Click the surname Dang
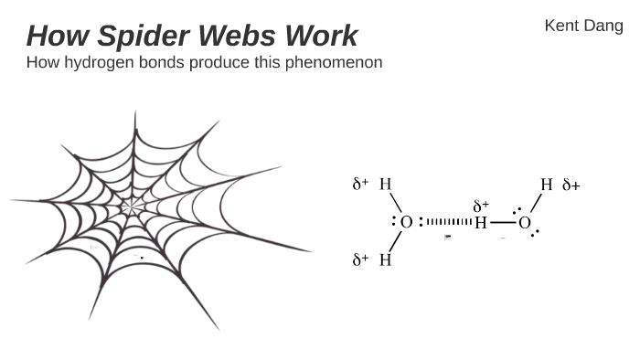pyautogui.click(x=603, y=26)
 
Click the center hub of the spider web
pyautogui.click(x=132, y=209)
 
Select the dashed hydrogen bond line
pyautogui.click(x=449, y=222)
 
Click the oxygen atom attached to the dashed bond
pyautogui.click(x=407, y=222)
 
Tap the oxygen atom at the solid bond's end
pyautogui.click(x=524, y=222)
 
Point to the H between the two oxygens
pyautogui.click(x=480, y=222)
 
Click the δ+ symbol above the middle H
pyautogui.click(x=481, y=206)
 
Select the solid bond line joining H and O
pyautogui.click(x=502, y=222)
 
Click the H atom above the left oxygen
pyautogui.click(x=385, y=185)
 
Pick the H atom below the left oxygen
pyautogui.click(x=385, y=259)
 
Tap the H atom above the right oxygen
pyautogui.click(x=547, y=185)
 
